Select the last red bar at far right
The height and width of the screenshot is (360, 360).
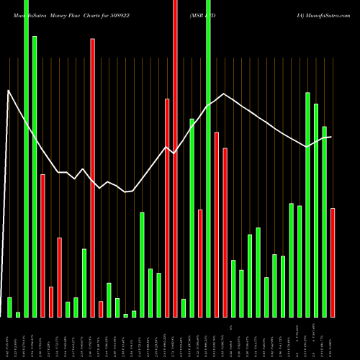333,262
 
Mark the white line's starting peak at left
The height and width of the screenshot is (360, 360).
9,91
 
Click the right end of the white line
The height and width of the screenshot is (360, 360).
331,137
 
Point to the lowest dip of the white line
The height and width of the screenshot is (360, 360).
125,192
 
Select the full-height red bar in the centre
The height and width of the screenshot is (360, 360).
175,158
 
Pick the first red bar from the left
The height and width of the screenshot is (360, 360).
42,245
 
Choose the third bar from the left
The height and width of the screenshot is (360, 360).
26,158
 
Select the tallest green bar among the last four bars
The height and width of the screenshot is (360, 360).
307,204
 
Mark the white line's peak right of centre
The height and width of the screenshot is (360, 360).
225,94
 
